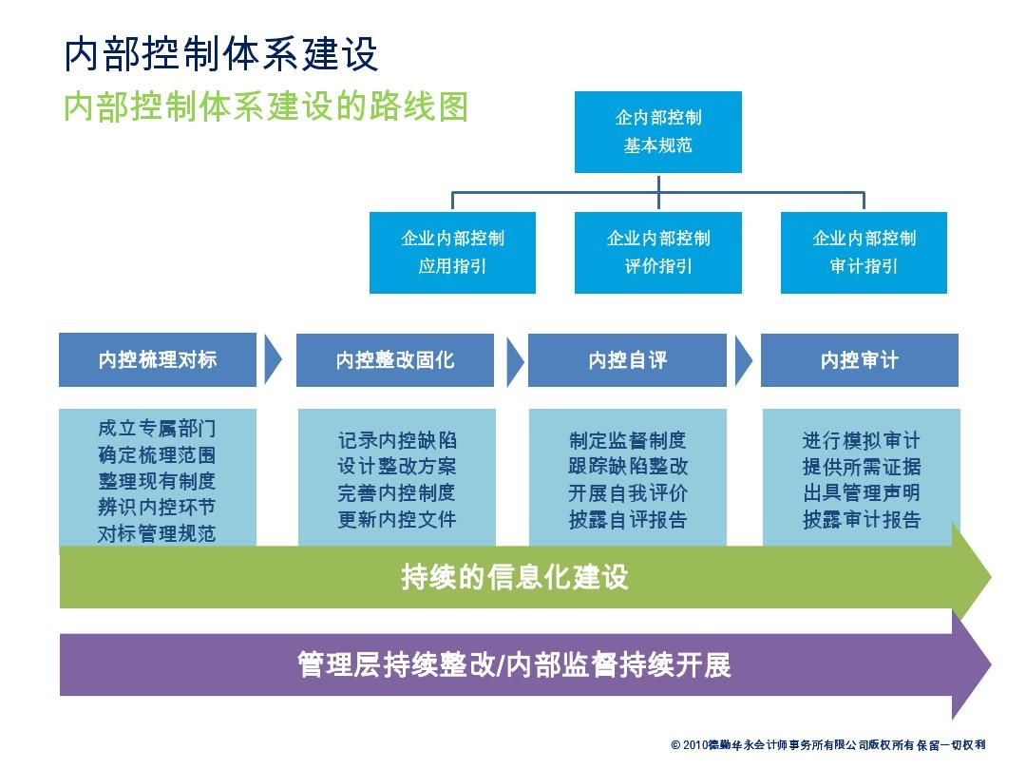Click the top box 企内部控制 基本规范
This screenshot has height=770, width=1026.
click(x=657, y=131)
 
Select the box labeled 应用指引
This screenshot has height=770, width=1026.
click(x=452, y=252)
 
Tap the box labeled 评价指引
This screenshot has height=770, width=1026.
click(x=657, y=252)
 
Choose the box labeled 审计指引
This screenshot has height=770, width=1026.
click(x=864, y=252)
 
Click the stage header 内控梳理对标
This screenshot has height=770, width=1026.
click(x=158, y=359)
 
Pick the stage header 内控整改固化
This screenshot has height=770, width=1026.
click(x=394, y=359)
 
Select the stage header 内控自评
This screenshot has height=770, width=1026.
click(x=627, y=359)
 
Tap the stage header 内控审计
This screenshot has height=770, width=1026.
click(x=859, y=359)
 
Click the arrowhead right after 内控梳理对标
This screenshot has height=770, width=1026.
click(x=273, y=359)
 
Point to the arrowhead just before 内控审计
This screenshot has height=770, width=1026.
click(x=743, y=360)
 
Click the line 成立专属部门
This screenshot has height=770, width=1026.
click(x=157, y=428)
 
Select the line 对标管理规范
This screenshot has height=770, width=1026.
click(x=157, y=533)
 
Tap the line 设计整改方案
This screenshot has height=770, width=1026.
click(x=396, y=466)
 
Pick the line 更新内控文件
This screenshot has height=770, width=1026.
click(x=396, y=519)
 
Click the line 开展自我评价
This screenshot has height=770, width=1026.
click(x=628, y=493)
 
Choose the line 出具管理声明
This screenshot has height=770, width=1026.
click(x=861, y=492)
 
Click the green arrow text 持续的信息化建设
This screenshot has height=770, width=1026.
click(x=514, y=577)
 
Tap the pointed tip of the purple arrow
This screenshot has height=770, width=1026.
click(x=990, y=664)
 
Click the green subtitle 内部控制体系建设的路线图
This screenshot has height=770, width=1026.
click(x=266, y=106)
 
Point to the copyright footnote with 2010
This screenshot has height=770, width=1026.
click(x=827, y=744)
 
